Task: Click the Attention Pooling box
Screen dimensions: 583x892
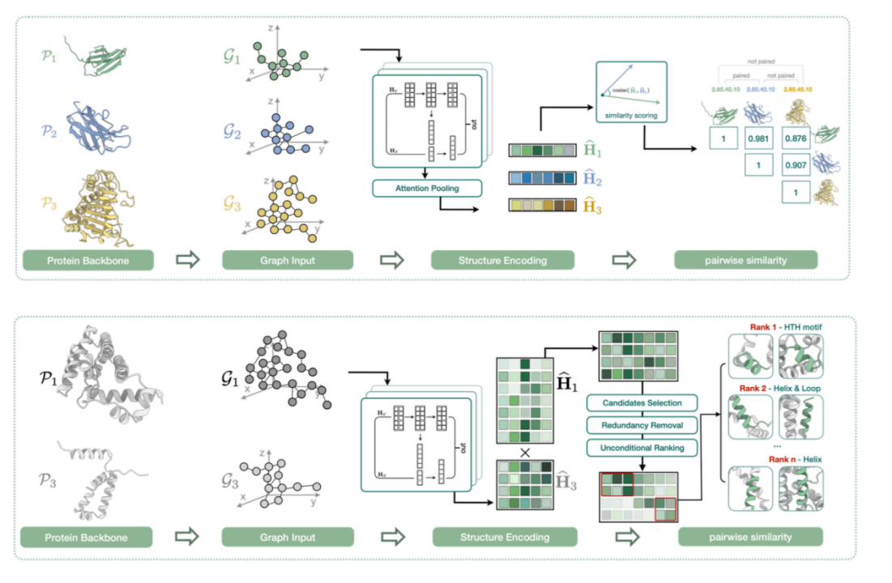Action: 426,188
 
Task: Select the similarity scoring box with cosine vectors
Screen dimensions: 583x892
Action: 630,92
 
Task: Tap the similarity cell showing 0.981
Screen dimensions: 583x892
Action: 760,138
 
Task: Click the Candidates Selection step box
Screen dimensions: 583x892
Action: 642,402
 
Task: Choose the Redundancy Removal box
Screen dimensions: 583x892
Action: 642,425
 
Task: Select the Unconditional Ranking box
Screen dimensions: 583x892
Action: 642,447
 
